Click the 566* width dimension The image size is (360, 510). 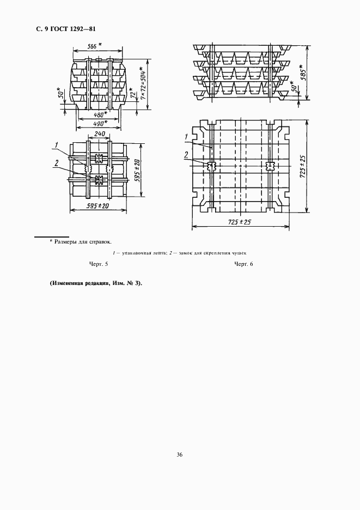[95, 47]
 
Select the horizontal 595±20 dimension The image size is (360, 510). [98, 207]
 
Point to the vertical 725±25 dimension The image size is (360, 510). [302, 166]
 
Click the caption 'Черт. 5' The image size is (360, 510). [99, 264]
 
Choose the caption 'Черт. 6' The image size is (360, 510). [244, 264]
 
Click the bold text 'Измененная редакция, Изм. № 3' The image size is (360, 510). [96, 284]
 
